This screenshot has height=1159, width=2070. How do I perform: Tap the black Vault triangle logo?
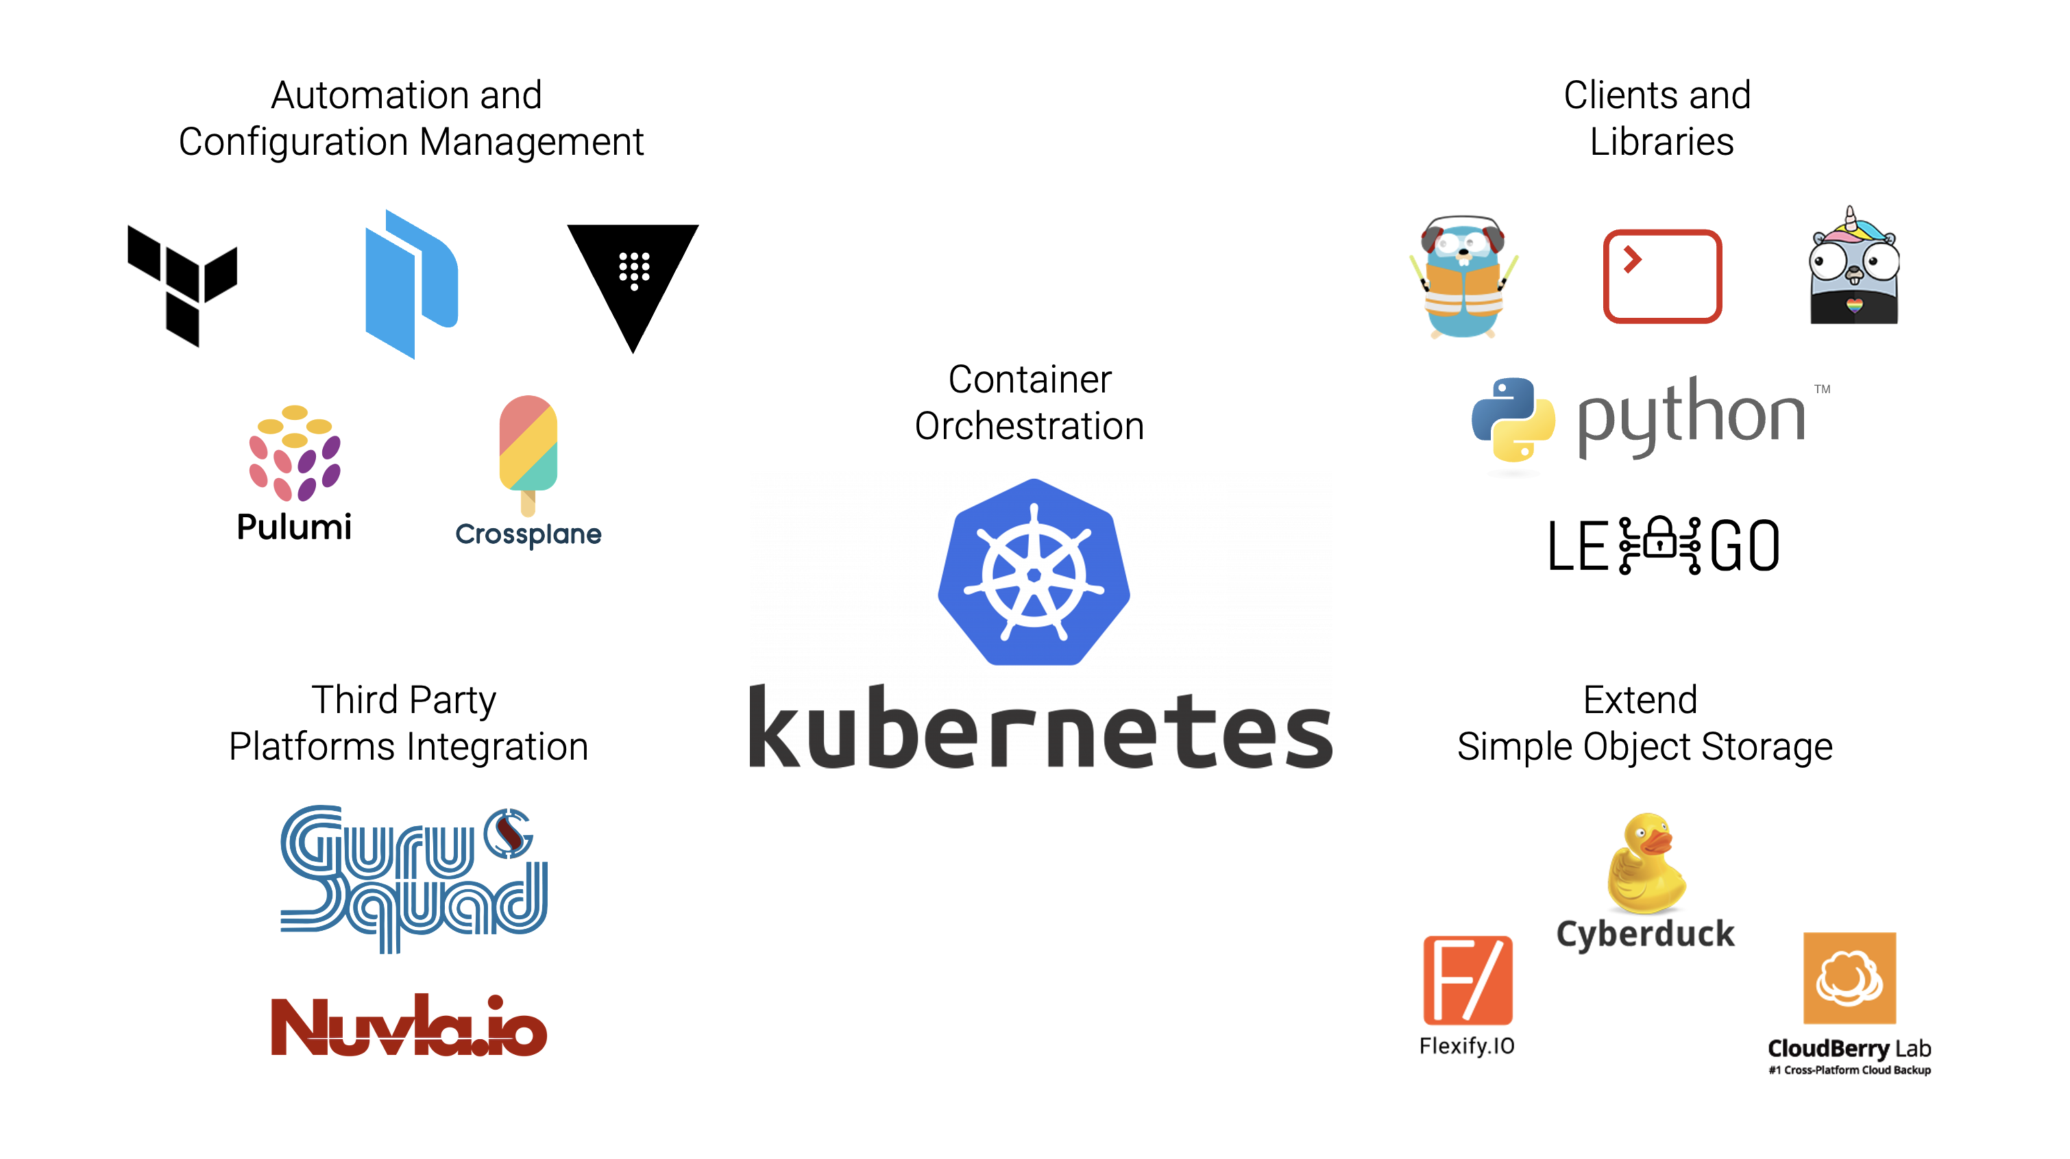point(633,277)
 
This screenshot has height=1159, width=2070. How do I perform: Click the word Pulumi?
point(294,527)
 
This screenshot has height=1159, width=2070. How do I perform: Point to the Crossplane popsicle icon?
point(528,453)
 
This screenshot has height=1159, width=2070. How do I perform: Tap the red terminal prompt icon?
point(1661,276)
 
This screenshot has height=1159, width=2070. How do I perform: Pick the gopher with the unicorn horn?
point(1853,269)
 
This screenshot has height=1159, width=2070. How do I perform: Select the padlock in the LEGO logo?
point(1660,540)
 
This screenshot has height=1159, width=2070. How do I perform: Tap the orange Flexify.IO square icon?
point(1468,980)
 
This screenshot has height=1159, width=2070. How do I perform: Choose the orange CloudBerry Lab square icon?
point(1849,977)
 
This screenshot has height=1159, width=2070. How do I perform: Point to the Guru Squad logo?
point(413,879)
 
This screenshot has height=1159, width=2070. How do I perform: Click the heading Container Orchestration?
point(1030,402)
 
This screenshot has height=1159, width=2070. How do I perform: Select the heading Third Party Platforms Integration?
point(409,723)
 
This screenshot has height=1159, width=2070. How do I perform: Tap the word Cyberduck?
point(1645,934)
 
